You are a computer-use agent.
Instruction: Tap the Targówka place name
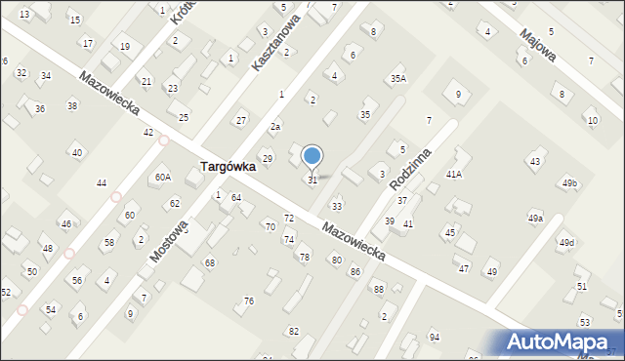229,167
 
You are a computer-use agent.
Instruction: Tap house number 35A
397,78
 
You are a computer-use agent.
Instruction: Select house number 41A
453,174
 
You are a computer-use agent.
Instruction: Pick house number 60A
163,178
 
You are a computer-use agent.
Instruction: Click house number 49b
569,183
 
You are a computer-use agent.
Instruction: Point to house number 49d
566,242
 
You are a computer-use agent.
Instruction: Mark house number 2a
276,127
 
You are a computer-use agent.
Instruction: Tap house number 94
435,337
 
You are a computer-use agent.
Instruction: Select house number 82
294,332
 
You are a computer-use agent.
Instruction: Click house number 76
249,301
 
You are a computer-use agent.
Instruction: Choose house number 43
534,161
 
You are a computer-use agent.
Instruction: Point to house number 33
337,207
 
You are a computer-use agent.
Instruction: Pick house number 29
267,158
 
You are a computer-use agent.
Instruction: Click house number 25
184,117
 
